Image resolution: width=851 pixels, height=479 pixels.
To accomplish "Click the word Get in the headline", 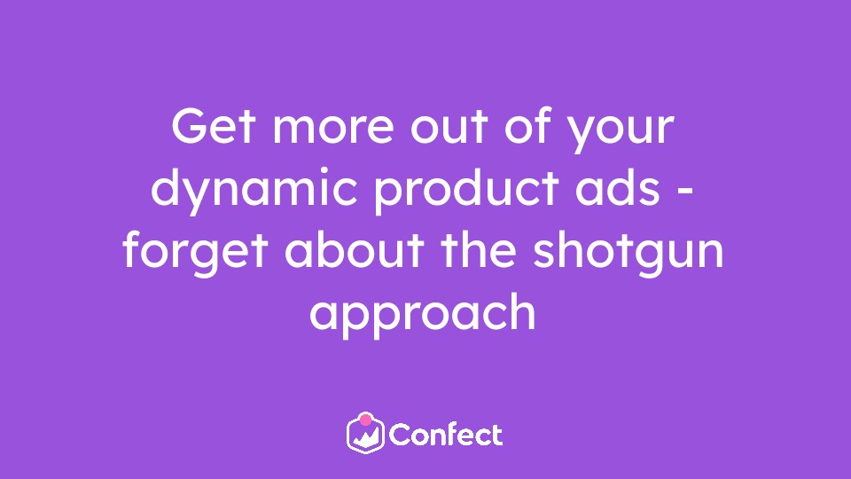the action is point(213,126).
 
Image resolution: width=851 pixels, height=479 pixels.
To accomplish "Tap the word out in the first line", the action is point(449,127).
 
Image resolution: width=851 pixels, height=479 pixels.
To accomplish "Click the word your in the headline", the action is point(621,132).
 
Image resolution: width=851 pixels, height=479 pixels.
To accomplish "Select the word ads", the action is point(618,187).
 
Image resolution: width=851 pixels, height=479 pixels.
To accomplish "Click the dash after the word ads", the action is point(686,192).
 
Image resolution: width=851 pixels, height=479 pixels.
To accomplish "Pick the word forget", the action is point(195,251).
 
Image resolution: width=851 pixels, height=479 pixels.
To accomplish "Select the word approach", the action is point(423,314).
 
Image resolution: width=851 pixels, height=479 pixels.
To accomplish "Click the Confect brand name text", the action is point(446,435).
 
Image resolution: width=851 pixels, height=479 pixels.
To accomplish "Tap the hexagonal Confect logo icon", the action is point(366,434).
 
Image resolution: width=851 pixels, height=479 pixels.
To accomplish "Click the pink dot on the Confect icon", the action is point(366,420).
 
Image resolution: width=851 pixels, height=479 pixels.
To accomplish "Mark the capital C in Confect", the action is point(401,435).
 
